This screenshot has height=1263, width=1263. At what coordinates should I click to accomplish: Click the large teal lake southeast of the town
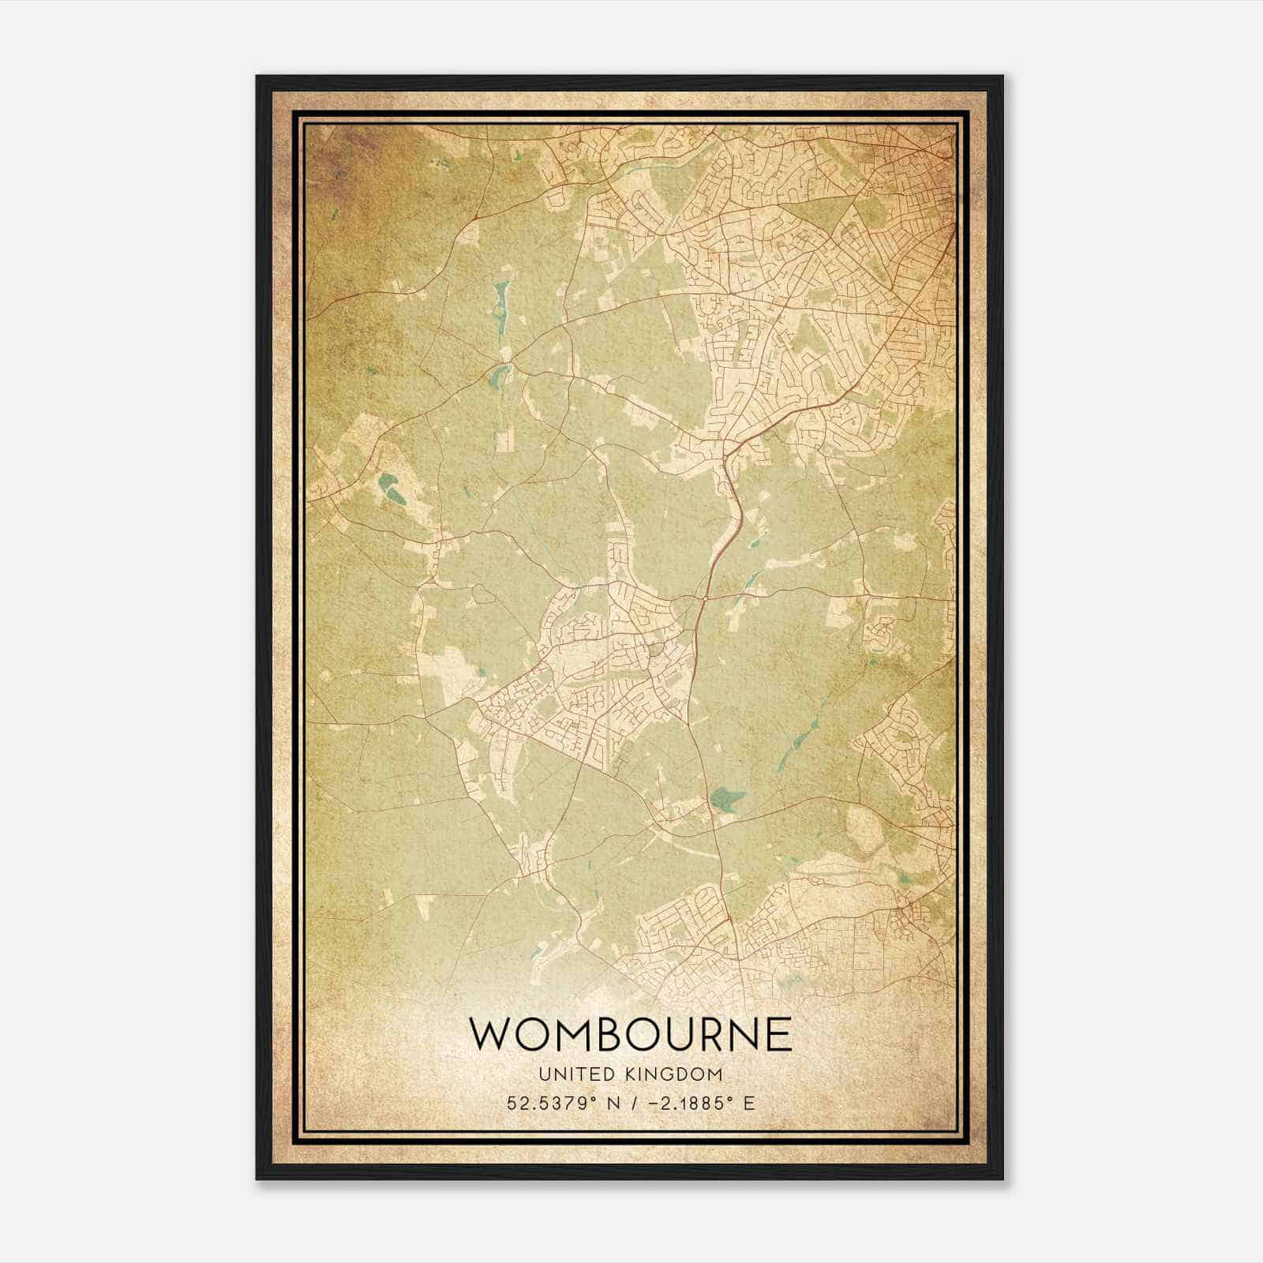click(x=726, y=800)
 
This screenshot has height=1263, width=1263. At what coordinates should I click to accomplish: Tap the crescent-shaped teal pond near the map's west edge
click(x=390, y=489)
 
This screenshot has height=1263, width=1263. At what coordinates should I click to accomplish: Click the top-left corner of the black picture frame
click(x=257, y=77)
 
